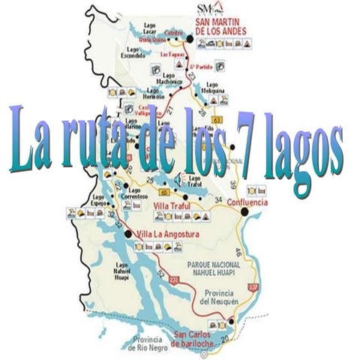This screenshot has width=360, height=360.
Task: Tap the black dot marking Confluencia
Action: click(244, 212)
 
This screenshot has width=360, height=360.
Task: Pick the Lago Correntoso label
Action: click(139, 194)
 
